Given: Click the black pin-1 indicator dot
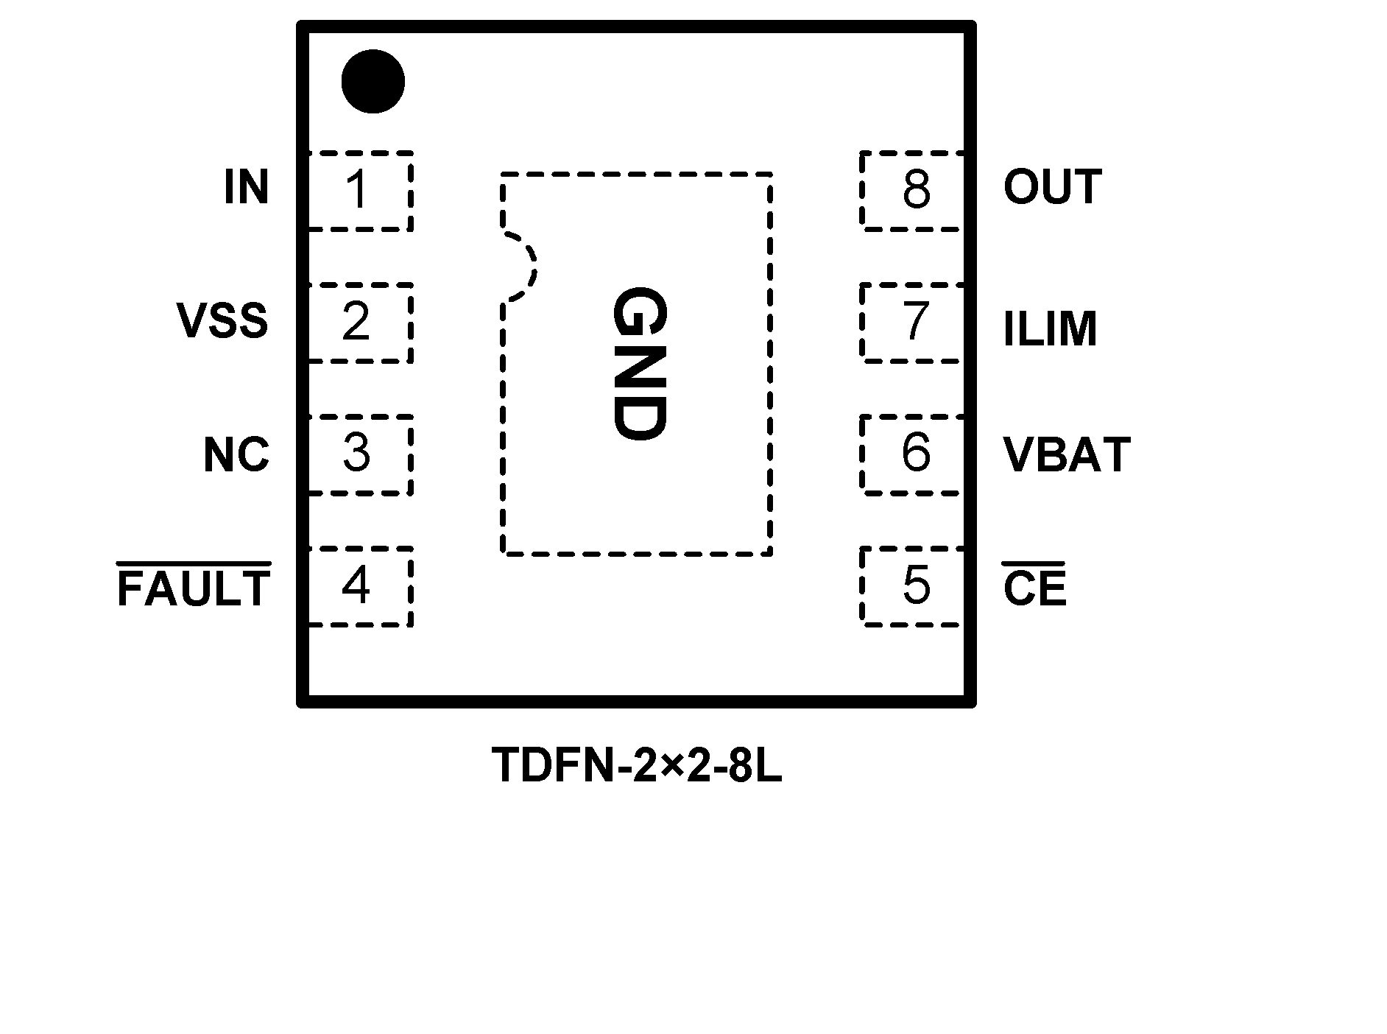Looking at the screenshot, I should coord(373,82).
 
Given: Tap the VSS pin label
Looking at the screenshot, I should coord(222,321).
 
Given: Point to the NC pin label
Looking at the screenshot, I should coord(236,454).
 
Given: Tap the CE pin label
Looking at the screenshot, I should coord(1034,588).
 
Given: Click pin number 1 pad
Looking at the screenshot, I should coord(358,191).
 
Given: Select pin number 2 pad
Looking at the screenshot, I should coord(357,323).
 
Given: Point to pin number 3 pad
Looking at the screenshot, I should coord(357,454).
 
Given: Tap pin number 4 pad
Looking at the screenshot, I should coord(357,586).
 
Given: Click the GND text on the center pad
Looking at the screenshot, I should coord(639,364).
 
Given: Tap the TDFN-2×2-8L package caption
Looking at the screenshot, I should coord(638,766).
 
